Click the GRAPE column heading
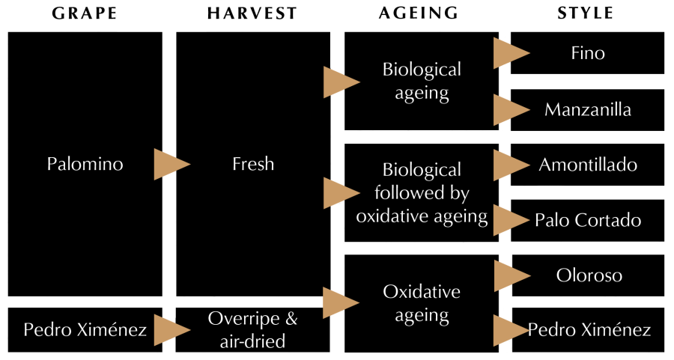click(x=84, y=14)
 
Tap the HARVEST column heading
click(x=252, y=14)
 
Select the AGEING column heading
click(x=418, y=14)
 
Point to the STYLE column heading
click(x=586, y=14)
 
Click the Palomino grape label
click(x=84, y=164)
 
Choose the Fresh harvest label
click(x=253, y=164)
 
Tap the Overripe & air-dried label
click(x=253, y=330)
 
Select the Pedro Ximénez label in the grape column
click(x=85, y=329)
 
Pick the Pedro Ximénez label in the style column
click(x=589, y=330)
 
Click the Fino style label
click(x=588, y=54)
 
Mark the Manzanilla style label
click(x=588, y=110)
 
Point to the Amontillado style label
click(x=588, y=165)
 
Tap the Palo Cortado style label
click(x=588, y=220)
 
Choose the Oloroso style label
click(x=589, y=275)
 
